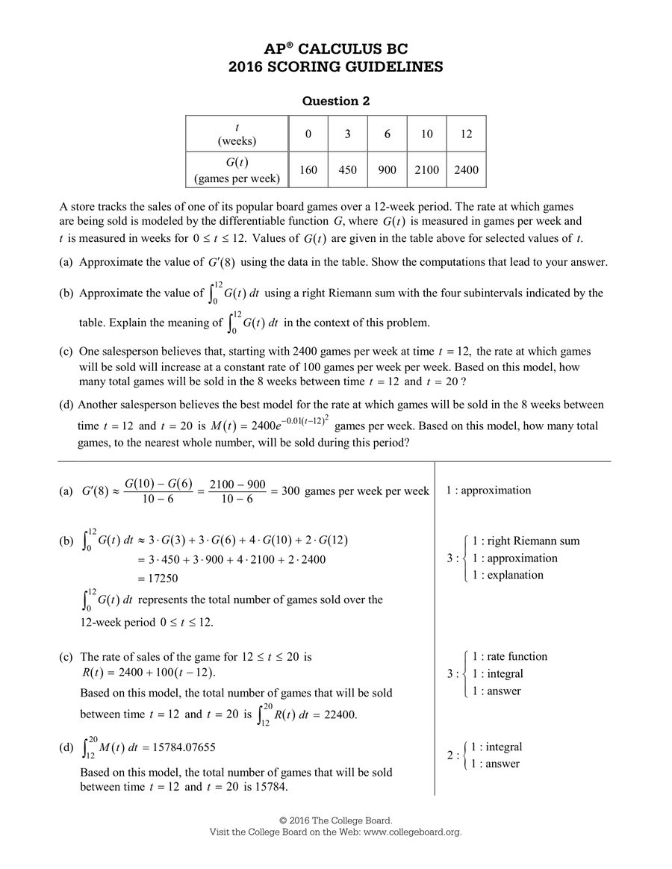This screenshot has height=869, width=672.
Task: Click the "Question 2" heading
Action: click(x=335, y=101)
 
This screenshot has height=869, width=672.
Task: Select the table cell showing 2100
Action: click(x=426, y=170)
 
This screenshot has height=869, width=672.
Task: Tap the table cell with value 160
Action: click(x=308, y=170)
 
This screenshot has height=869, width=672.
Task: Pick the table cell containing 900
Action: click(x=387, y=170)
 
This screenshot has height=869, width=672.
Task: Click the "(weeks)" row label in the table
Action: click(x=237, y=141)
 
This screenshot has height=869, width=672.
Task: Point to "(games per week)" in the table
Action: click(x=237, y=178)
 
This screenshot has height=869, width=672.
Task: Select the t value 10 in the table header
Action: click(x=426, y=134)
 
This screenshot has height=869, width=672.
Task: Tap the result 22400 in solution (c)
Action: click(x=340, y=714)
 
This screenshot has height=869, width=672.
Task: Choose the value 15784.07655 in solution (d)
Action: click(x=184, y=747)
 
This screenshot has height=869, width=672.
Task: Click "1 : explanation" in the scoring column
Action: click(x=507, y=575)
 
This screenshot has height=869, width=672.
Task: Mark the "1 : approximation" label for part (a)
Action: click(x=488, y=490)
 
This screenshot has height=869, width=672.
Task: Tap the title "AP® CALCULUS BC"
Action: click(x=335, y=49)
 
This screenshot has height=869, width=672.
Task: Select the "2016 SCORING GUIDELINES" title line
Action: click(x=335, y=67)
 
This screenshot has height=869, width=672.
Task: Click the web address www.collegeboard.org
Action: click(x=412, y=832)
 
